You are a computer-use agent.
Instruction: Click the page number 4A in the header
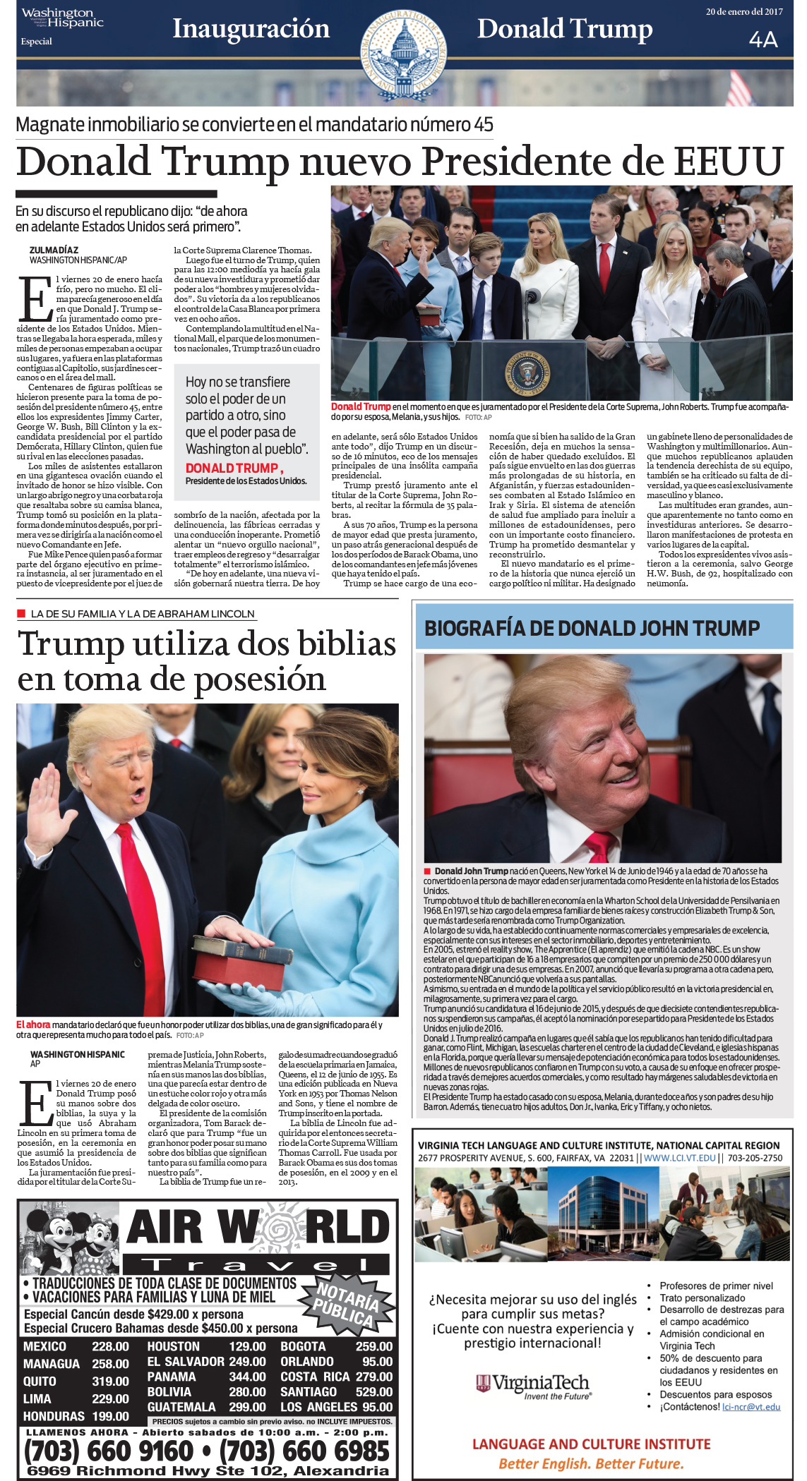pyautogui.click(x=763, y=40)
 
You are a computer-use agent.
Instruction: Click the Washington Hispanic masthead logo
pyautogui.click(x=62, y=18)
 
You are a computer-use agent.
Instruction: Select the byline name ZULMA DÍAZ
pyautogui.click(x=54, y=250)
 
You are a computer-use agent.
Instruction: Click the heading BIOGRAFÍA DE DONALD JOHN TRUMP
pyautogui.click(x=592, y=628)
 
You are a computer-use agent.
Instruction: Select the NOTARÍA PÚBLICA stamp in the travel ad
pyautogui.click(x=347, y=1305)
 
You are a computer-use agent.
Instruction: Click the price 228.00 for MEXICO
pyautogui.click(x=110, y=1346)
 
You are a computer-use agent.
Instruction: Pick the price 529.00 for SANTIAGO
pyautogui.click(x=373, y=1391)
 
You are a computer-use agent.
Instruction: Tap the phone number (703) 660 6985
pyautogui.click(x=304, y=1451)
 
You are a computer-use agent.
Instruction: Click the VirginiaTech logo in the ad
pyautogui.click(x=532, y=1384)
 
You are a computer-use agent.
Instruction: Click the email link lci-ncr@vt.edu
pyautogui.click(x=751, y=1406)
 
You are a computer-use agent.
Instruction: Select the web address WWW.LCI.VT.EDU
pyautogui.click(x=679, y=1157)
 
